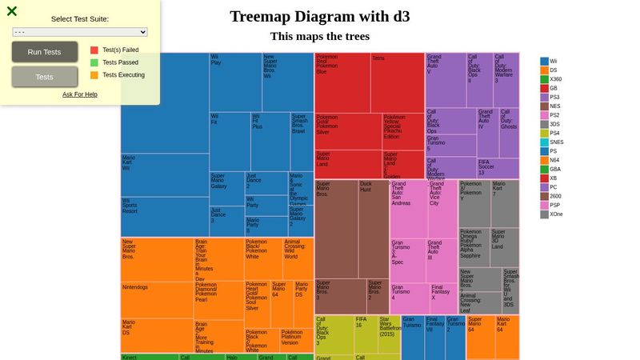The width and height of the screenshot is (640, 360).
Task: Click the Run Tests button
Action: click(x=45, y=52)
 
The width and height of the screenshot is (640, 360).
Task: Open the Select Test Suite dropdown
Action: click(x=80, y=32)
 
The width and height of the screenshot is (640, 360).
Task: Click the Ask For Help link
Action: click(x=80, y=94)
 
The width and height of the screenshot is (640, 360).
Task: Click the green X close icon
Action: click(x=12, y=11)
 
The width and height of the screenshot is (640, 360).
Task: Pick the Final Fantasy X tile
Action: click(x=443, y=298)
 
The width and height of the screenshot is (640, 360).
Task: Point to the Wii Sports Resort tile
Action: click(x=164, y=216)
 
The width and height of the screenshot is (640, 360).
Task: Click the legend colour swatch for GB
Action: click(x=545, y=89)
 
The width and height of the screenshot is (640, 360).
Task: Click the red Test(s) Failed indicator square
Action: click(x=94, y=50)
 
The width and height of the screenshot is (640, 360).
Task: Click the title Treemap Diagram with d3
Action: click(x=319, y=17)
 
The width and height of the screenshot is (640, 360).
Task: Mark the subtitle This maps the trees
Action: click(x=319, y=37)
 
